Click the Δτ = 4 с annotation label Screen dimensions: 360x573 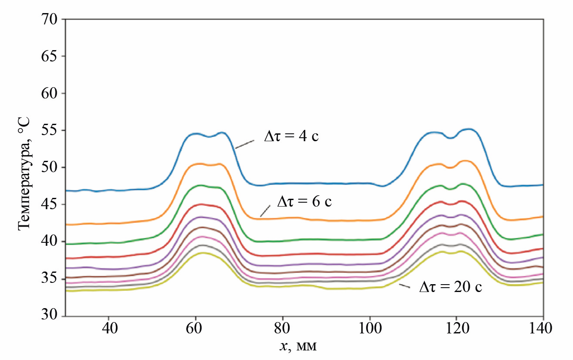click(x=292, y=136)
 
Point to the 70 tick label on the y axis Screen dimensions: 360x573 click(x=51, y=20)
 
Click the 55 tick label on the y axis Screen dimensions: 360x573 click(x=51, y=131)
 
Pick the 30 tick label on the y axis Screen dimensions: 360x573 click(x=51, y=316)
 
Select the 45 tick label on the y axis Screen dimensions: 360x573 click(x=51, y=205)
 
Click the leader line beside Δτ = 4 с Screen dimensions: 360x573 click(x=244, y=144)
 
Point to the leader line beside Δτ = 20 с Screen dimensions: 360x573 click(x=405, y=286)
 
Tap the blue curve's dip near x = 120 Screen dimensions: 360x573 click(x=451, y=138)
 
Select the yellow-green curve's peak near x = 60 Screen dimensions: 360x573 click(x=202, y=253)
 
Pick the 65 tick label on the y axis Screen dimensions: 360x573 click(x=51, y=57)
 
